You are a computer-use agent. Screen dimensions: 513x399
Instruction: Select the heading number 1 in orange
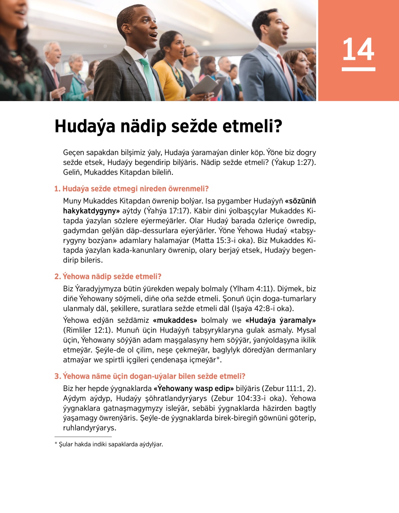coord(57,189)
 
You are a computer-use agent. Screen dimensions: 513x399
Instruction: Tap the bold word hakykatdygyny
coord(91,211)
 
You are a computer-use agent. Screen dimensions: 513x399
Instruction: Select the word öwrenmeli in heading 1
coord(188,189)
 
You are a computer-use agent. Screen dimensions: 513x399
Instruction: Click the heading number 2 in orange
coord(58,277)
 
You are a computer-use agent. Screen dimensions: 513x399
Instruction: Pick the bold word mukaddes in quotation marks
coord(175,320)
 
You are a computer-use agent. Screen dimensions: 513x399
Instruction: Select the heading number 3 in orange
coord(58,376)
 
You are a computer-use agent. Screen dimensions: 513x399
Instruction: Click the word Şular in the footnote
coord(66,444)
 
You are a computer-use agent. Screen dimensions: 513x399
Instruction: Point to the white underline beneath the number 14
coord(358,69)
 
